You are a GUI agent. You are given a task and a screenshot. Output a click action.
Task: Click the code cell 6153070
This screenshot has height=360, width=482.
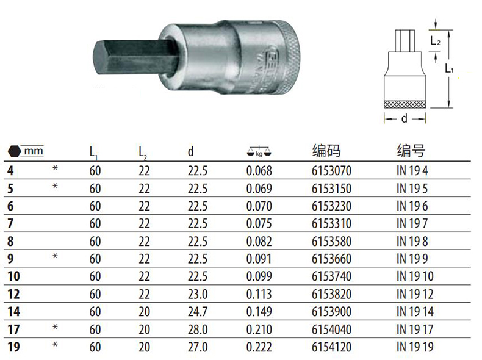pos(331,171)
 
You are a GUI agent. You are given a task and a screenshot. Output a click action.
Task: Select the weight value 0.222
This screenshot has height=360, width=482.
pos(259,347)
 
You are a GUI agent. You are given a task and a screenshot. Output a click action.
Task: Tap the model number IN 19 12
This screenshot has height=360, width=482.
pos(415,294)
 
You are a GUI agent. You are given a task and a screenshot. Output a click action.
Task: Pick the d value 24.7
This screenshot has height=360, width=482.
pos(198,312)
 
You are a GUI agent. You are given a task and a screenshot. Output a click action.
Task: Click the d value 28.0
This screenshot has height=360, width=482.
pos(198,329)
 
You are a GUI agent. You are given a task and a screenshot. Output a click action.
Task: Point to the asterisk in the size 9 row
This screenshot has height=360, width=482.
pos(55,256)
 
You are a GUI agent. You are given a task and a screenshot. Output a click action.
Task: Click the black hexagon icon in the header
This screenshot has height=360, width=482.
pos(14,151)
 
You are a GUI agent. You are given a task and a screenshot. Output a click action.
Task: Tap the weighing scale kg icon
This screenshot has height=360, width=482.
pos(259,151)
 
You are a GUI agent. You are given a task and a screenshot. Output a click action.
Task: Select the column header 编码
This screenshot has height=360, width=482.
pos(326,151)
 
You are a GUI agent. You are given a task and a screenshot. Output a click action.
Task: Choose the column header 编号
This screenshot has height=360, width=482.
pos(411,151)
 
